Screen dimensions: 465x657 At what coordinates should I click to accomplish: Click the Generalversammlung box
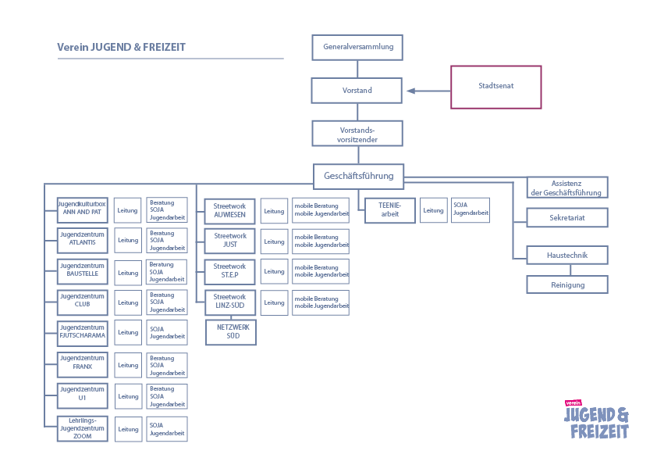[358, 47]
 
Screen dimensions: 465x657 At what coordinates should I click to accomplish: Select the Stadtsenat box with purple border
[496, 87]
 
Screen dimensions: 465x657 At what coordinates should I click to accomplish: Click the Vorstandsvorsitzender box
[357, 134]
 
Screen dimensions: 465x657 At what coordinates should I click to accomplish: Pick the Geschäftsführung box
[358, 176]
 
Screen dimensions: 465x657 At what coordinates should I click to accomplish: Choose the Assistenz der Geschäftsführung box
[567, 188]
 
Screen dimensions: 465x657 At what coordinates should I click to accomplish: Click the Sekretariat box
[567, 218]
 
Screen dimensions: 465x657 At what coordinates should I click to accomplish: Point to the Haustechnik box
[567, 255]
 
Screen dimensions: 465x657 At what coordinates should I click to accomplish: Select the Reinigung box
[567, 284]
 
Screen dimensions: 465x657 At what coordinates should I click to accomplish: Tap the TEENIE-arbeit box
[389, 210]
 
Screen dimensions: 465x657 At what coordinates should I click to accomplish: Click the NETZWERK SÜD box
[231, 332]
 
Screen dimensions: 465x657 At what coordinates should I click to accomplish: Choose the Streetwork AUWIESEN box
[229, 211]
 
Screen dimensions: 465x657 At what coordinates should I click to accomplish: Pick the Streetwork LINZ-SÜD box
[229, 302]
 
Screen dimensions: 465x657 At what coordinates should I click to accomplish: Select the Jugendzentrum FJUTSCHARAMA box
[82, 332]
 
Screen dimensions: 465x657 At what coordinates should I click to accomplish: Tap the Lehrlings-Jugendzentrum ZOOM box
[82, 428]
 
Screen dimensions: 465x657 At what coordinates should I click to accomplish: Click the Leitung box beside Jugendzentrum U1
[128, 396]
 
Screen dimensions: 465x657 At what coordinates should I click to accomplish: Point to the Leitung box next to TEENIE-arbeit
[433, 210]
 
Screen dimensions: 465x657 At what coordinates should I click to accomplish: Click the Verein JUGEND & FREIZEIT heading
[121, 47]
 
